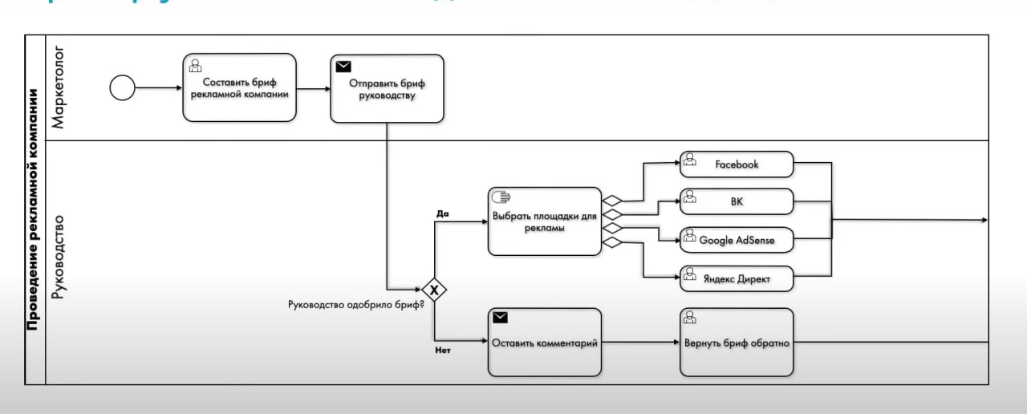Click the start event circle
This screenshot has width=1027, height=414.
(122, 87)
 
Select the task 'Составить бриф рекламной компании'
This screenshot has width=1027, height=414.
(239, 87)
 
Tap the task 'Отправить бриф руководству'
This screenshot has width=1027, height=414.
(387, 88)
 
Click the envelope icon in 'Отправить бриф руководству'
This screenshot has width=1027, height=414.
(343, 67)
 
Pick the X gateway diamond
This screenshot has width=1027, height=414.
(434, 289)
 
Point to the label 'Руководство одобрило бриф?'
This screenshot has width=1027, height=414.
(355, 304)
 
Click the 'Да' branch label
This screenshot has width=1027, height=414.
(442, 214)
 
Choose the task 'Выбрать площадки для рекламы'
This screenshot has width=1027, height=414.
(544, 221)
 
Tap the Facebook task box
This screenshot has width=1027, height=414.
(737, 164)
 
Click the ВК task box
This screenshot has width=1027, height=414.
(737, 201)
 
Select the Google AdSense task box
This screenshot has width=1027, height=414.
(737, 240)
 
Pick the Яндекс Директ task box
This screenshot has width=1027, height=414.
(737, 278)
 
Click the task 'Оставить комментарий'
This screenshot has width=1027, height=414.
(544, 343)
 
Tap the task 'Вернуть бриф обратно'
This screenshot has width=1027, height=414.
(737, 343)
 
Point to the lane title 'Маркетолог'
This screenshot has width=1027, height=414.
(59, 87)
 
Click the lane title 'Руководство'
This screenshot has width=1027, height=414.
(59, 257)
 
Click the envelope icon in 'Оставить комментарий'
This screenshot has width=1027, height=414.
(500, 318)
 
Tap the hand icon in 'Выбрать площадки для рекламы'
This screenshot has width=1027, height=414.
(501, 197)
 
